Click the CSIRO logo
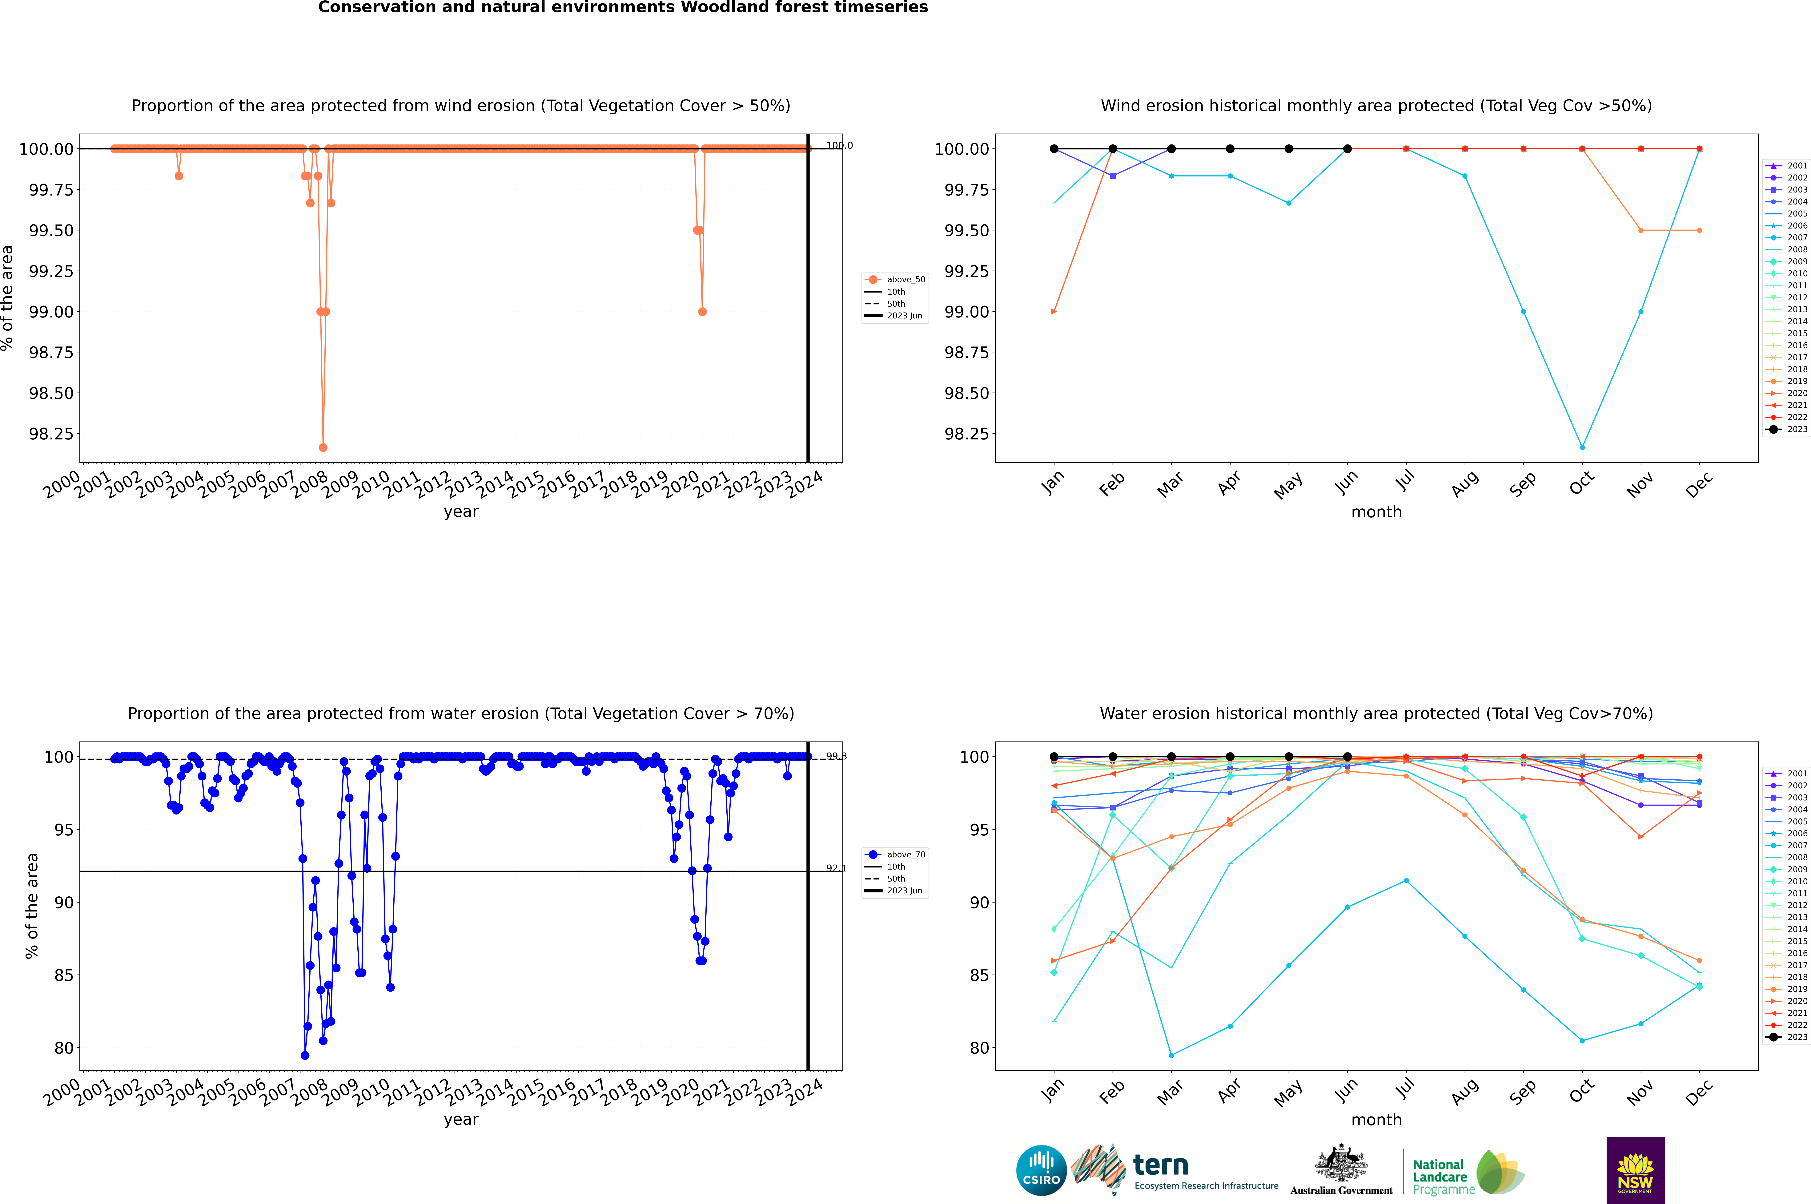[1041, 1170]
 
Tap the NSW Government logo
[1635, 1170]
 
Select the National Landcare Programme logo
[1468, 1173]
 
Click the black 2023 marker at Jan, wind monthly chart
[1054, 149]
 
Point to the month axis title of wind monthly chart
[1376, 512]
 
